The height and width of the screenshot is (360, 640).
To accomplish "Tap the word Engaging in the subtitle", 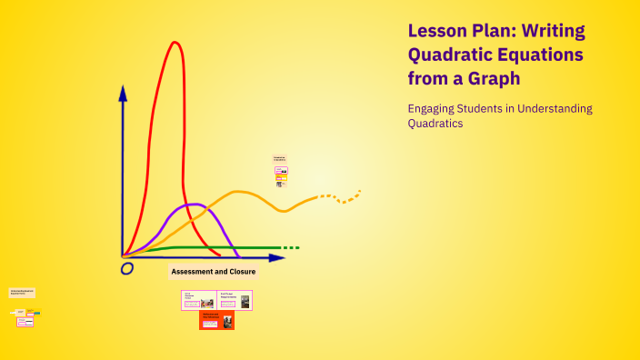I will click(x=434, y=109).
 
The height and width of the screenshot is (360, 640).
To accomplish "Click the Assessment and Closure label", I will click(x=214, y=271).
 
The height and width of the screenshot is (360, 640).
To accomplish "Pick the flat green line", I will click(x=218, y=247).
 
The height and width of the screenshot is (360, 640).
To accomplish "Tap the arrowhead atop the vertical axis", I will click(x=123, y=92).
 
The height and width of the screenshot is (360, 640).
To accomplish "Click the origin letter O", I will click(x=127, y=268).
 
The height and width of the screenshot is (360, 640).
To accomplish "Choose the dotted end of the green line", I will click(x=290, y=247).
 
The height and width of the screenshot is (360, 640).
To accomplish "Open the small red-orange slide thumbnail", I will click(x=216, y=320).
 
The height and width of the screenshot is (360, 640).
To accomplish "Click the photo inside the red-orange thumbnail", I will click(x=227, y=320).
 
